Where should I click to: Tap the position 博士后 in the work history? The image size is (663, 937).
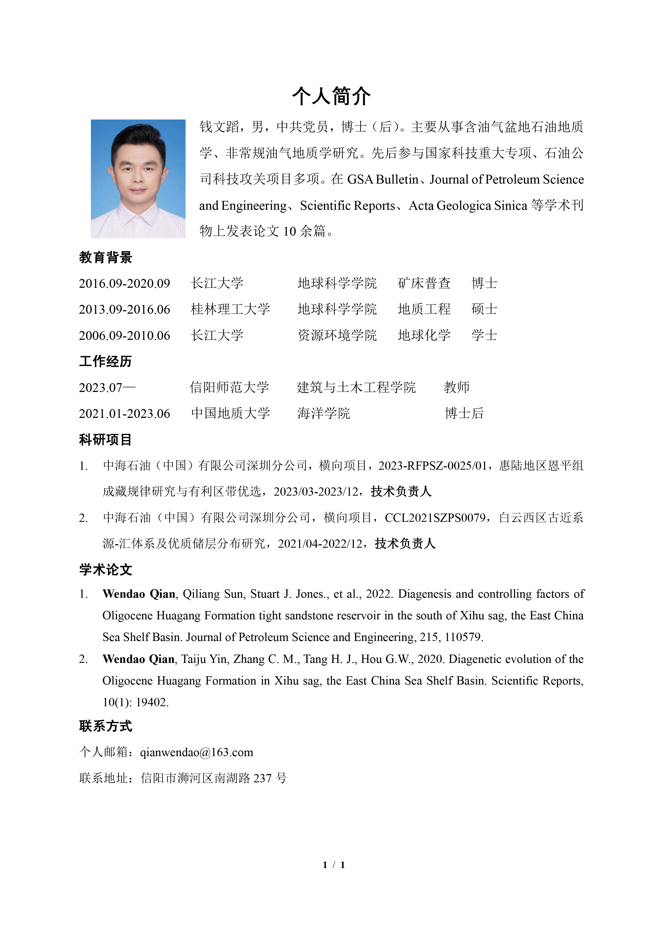[464, 413]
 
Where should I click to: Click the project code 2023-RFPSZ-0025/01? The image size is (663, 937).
[432, 466]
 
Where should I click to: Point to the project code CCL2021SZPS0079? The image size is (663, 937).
[435, 518]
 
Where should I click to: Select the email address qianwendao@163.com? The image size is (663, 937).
[196, 752]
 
